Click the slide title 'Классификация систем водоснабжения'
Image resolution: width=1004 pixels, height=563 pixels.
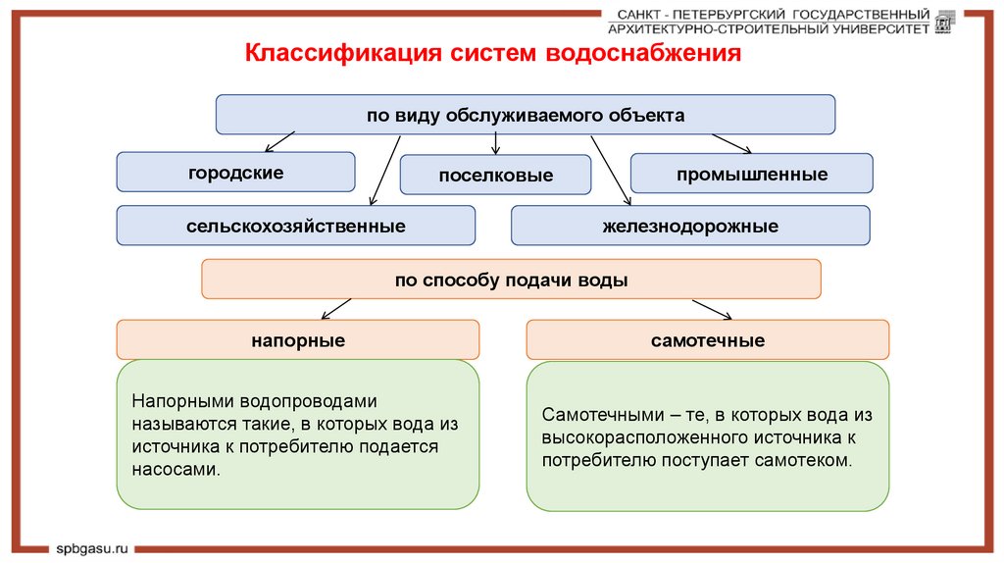(492, 53)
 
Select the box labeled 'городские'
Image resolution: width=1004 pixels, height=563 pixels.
(235, 173)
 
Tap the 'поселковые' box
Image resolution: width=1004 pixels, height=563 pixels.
(495, 176)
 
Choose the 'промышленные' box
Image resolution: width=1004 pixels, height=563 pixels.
(751, 175)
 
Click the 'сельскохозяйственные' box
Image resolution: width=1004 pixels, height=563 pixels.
(296, 226)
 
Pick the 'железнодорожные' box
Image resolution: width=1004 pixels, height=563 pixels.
(690, 226)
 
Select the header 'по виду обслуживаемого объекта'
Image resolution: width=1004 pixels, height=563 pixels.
(526, 115)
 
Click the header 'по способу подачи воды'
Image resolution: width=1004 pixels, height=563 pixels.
(511, 280)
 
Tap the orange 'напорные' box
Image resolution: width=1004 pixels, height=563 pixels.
(298, 340)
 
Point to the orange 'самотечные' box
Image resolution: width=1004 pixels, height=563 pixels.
(708, 340)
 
